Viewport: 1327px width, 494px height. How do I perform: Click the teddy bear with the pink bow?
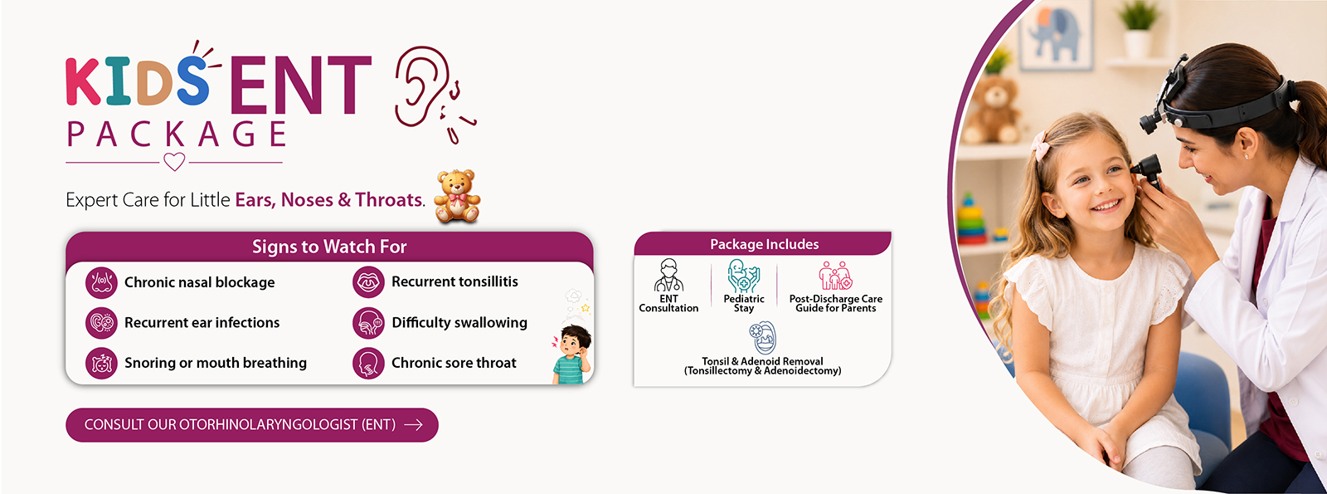click(x=457, y=196)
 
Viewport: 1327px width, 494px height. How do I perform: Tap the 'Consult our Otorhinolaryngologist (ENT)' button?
click(x=252, y=424)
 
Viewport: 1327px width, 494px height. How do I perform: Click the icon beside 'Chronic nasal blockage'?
click(x=101, y=282)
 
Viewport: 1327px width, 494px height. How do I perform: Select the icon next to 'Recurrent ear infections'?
click(x=101, y=323)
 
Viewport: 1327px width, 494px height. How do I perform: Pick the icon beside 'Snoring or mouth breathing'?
click(x=101, y=363)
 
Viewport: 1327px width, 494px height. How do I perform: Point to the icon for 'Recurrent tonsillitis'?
click(x=368, y=282)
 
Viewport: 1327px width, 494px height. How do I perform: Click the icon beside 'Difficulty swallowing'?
click(x=368, y=323)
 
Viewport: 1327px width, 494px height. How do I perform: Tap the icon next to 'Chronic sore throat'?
click(x=368, y=363)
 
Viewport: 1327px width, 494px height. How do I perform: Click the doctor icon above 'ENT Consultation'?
click(x=668, y=275)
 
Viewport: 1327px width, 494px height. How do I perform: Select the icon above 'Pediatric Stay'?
click(x=743, y=276)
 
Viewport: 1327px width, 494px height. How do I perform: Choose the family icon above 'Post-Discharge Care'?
click(x=835, y=275)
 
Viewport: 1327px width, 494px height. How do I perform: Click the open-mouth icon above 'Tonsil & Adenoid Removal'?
click(x=762, y=338)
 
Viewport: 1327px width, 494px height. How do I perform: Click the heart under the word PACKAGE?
click(x=174, y=161)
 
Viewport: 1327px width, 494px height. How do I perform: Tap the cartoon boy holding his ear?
click(x=571, y=354)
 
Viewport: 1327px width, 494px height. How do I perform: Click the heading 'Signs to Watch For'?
click(x=329, y=247)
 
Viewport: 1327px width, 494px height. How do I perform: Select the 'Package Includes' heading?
click(x=764, y=244)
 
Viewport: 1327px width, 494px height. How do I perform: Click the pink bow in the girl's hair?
click(x=1040, y=144)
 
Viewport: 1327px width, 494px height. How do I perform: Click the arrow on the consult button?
click(x=414, y=424)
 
